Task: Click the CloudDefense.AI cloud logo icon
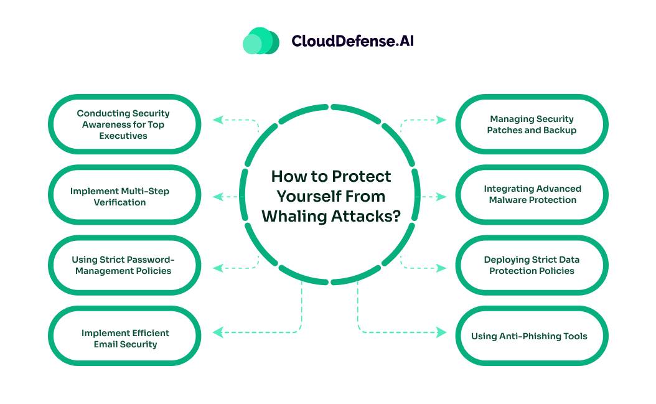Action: (261, 41)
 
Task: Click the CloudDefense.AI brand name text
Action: (352, 41)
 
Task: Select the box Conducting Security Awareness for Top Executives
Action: (124, 124)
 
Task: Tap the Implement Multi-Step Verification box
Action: (124, 197)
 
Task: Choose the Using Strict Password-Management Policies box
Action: (124, 265)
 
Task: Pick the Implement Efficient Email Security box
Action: (124, 339)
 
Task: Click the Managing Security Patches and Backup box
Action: (532, 124)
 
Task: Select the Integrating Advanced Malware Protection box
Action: (532, 194)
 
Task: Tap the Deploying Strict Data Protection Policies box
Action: (532, 265)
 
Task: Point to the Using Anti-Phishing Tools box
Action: (532, 336)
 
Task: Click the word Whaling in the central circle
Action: (295, 215)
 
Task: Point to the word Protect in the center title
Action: (362, 177)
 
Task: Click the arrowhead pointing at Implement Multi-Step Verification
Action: (217, 197)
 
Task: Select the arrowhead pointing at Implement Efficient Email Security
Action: (217, 332)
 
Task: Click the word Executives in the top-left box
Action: (123, 136)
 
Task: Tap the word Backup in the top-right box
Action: (561, 130)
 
